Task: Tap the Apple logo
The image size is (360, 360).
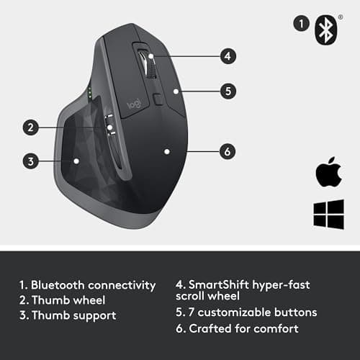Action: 327,174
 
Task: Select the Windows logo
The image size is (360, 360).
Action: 328,215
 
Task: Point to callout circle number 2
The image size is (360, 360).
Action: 30,128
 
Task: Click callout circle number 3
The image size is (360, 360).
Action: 30,161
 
